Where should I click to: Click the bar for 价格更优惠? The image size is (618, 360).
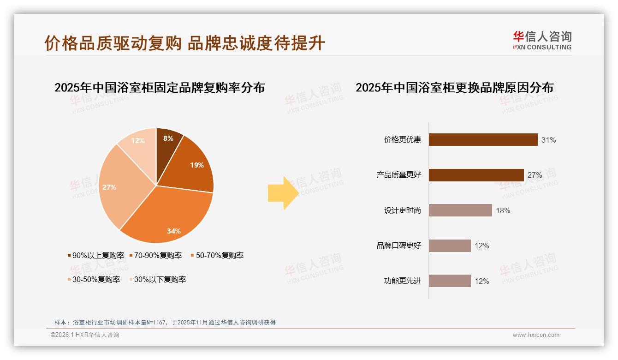point(483,139)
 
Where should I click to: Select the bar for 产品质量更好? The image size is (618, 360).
point(476,175)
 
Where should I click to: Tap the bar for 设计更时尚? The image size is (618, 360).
point(460,210)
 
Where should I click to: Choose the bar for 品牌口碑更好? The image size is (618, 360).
point(450,246)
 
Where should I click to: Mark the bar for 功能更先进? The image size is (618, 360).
point(450,281)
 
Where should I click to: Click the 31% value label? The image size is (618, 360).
point(549,140)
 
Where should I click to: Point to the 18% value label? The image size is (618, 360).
point(503,211)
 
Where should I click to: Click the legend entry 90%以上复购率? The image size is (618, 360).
point(96,255)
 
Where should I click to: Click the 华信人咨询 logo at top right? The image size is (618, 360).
point(542,41)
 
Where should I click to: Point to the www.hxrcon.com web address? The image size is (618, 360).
point(536,335)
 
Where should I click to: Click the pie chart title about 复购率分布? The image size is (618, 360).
point(160,87)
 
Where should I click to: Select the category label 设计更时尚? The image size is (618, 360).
point(403,210)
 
